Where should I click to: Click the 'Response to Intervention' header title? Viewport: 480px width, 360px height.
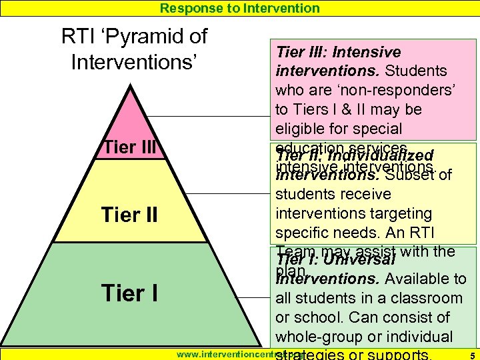point(240,8)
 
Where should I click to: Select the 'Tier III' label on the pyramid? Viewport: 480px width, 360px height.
point(129,147)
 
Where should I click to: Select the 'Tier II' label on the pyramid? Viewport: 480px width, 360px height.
point(129,215)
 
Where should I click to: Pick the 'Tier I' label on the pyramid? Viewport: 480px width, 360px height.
point(129,293)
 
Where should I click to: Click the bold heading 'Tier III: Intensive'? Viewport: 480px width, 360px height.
point(339,52)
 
